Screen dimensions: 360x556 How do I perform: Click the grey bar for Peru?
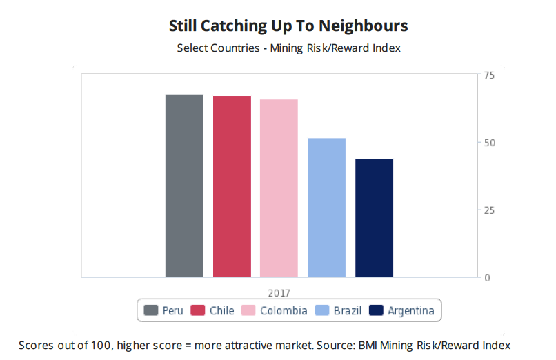pos(184,186)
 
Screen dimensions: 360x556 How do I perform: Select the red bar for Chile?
pos(232,186)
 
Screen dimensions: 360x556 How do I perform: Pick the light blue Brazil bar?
pos(326,208)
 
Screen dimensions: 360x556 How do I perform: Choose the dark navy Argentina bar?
pos(374,218)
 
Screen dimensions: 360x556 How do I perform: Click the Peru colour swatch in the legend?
pos(151,310)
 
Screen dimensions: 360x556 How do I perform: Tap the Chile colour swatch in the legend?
pos(198,310)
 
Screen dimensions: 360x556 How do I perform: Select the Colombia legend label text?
pos(284,310)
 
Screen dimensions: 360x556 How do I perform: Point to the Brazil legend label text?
pos(347,310)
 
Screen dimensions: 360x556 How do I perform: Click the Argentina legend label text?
pos(411,310)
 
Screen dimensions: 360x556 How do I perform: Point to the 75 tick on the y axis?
pos(489,75)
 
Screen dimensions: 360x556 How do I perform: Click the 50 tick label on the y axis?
pos(489,143)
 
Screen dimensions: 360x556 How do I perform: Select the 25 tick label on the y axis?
pos(489,210)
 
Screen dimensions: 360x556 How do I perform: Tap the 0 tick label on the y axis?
pos(486,278)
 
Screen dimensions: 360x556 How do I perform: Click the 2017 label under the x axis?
pos(279,292)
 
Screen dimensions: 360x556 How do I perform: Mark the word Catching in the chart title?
pos(226,26)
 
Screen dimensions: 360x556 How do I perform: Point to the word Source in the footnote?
pos(334,344)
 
